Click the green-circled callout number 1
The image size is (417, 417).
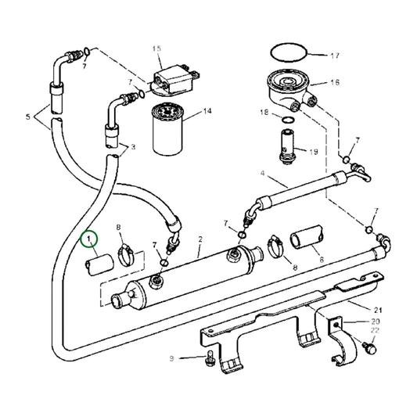[90, 237]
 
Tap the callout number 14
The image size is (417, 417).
[207, 112]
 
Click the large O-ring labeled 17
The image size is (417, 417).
[285, 54]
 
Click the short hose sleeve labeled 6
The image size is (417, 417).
[307, 239]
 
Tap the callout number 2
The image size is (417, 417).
[200, 239]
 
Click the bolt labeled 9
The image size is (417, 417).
[209, 360]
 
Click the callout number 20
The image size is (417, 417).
[376, 322]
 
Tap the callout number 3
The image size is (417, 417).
[133, 146]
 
